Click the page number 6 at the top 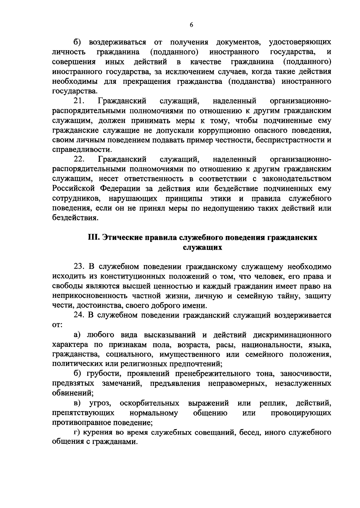(x=191, y=25)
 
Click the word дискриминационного (x=292, y=335)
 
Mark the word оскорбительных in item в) (x=149, y=403)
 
